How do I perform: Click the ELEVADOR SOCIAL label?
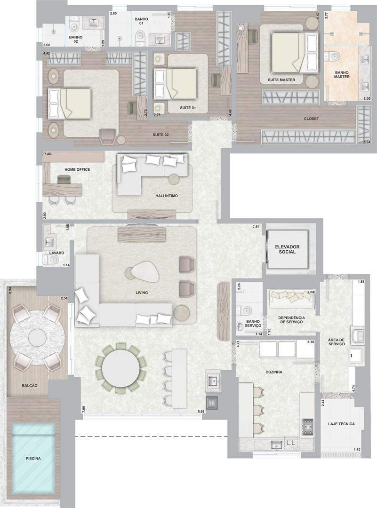tap(287, 249)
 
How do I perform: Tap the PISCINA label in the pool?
tap(33, 459)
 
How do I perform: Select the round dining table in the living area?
tap(121, 368)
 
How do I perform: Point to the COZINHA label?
tap(273, 372)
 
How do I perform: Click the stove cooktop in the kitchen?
tap(307, 427)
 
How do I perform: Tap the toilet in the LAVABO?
tap(50, 259)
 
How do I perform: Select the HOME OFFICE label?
tap(77, 169)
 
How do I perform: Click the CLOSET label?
tap(311, 119)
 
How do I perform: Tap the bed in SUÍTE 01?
tap(176, 84)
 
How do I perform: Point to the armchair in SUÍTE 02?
tap(108, 135)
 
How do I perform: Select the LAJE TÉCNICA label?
tap(341, 424)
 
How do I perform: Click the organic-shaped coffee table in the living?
tap(142, 272)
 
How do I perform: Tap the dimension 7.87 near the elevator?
tap(256, 227)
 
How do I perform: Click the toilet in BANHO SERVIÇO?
tap(243, 311)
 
